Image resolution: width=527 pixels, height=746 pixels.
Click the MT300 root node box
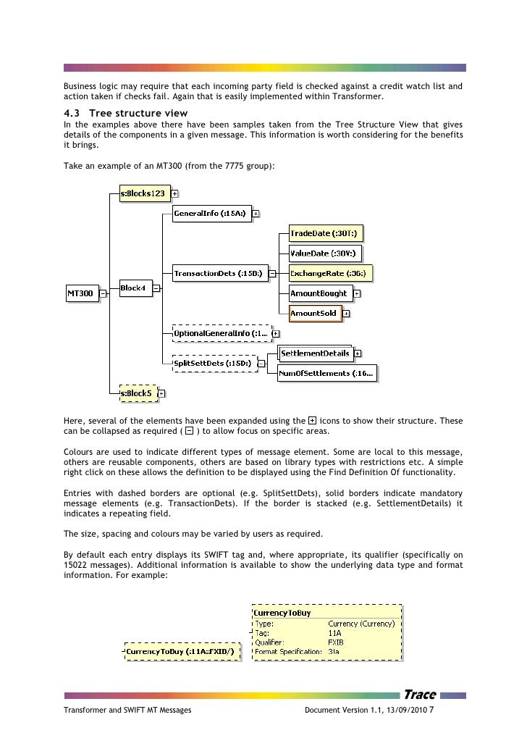coord(82,293)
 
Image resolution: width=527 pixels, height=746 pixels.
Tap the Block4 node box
coord(135,288)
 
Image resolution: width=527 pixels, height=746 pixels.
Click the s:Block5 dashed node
coord(137,393)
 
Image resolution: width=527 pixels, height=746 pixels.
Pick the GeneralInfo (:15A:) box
coord(211,213)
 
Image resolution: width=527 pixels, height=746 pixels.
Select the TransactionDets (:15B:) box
coord(219,273)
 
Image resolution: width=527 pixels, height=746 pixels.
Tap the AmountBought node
coord(320,293)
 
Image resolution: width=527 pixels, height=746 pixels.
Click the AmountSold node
coord(314,313)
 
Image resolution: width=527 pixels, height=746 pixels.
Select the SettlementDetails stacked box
coord(316,353)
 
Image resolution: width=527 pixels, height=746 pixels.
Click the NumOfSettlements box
coord(327,374)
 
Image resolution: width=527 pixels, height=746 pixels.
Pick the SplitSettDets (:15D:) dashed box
coord(214,363)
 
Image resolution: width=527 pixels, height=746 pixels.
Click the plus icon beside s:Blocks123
coord(175,193)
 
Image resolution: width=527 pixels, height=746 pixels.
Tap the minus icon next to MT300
coord(103,293)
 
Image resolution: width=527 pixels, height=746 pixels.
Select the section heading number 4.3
coord(72,114)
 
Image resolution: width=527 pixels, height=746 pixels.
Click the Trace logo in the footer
coord(420,695)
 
